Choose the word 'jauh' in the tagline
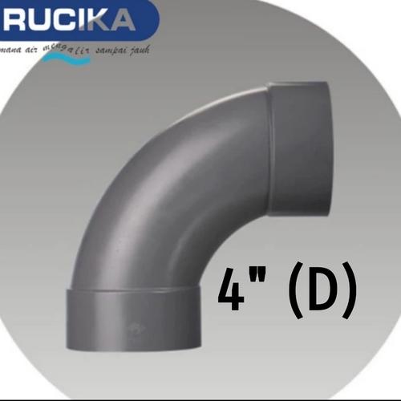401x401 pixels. click(x=144, y=50)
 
